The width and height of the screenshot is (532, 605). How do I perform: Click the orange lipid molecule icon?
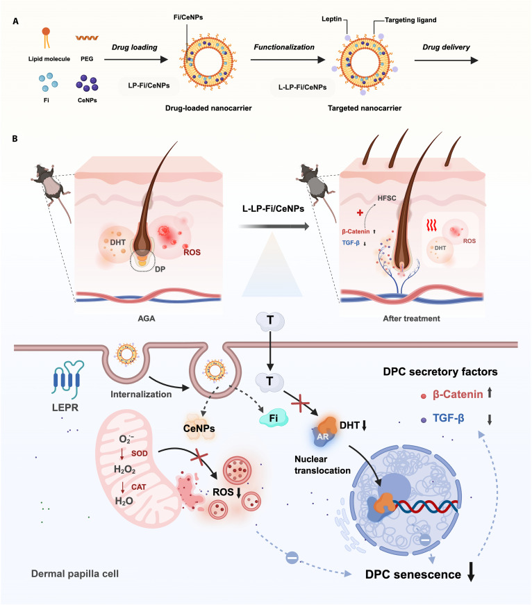(47, 38)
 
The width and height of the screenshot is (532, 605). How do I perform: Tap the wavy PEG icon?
(87, 38)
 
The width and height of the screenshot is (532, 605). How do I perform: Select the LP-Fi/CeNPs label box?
(149, 85)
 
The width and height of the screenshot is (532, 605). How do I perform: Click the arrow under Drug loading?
(136, 60)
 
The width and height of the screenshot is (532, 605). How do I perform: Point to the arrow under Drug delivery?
(447, 60)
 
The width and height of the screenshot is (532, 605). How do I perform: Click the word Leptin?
(331, 19)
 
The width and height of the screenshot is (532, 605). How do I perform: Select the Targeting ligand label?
(410, 19)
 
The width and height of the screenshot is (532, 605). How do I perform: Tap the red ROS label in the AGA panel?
(192, 252)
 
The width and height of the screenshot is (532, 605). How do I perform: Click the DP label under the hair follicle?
(160, 270)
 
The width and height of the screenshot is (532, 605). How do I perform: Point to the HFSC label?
(387, 198)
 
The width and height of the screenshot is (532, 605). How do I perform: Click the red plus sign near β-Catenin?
(360, 213)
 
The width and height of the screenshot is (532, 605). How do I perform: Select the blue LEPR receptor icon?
(67, 379)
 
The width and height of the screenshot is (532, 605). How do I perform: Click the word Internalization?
(141, 395)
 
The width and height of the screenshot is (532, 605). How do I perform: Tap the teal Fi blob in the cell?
(274, 418)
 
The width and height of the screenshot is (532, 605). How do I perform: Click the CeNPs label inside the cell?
(199, 429)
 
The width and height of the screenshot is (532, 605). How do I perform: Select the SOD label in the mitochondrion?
(140, 454)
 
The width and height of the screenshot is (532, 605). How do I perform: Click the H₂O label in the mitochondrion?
(124, 501)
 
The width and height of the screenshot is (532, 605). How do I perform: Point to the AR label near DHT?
(323, 437)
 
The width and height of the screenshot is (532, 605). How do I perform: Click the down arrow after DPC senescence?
(471, 572)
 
